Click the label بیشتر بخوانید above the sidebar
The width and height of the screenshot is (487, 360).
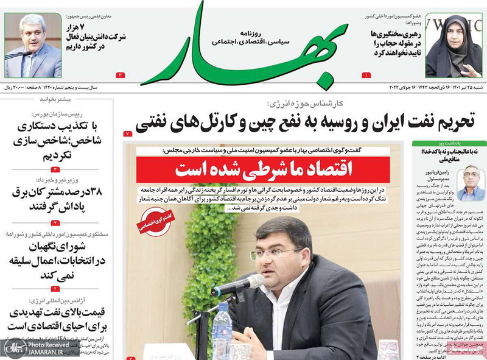click(86, 97)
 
